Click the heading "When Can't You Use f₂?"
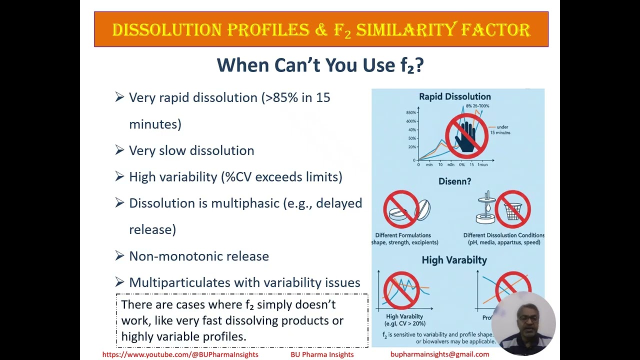[x=320, y=65]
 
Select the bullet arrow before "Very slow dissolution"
[x=119, y=149]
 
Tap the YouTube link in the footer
[x=180, y=354]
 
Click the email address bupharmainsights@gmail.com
[x=439, y=354]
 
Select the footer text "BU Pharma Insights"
[x=322, y=354]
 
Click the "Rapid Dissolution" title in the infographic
[x=454, y=96]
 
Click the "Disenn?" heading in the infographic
[x=454, y=181]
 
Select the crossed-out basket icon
[x=512, y=208]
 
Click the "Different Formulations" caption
[x=403, y=235]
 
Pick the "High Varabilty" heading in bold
[x=454, y=260]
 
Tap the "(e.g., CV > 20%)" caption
[x=404, y=323]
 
